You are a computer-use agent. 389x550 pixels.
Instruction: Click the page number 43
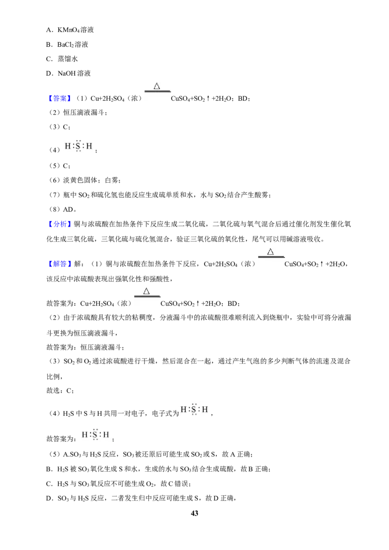point(194,513)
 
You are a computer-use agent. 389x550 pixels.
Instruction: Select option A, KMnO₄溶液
point(70,30)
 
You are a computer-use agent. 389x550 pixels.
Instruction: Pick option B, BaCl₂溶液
point(67,45)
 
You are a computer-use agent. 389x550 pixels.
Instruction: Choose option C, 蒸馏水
point(62,59)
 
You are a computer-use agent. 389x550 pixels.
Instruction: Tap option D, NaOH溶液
point(69,73)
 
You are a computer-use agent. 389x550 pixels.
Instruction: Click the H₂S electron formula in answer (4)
point(79,146)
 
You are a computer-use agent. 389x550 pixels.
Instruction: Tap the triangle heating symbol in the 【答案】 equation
point(157,86)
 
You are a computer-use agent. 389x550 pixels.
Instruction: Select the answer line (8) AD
point(62,209)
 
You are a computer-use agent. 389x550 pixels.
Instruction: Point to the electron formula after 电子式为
point(194,410)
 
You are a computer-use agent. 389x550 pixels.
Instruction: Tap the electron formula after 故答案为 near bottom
point(95,434)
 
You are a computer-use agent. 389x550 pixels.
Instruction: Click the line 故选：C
point(60,391)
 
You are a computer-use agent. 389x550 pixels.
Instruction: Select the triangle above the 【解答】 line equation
point(270,252)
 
